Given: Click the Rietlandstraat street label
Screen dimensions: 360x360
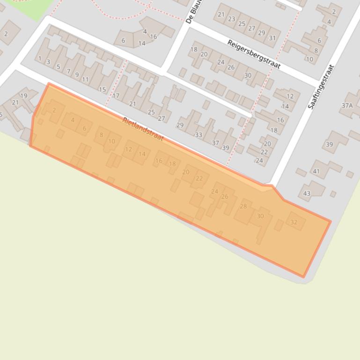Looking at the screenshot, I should [143, 129].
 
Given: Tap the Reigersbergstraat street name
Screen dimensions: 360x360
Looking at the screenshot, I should [254, 54].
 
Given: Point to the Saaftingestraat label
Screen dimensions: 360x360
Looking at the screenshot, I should [323, 87].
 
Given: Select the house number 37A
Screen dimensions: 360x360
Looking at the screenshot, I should [347, 106].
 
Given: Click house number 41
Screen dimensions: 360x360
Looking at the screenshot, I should [316, 171].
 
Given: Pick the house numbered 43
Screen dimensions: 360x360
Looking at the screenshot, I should [307, 193].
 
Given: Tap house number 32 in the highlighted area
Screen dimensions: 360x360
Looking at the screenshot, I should [294, 222].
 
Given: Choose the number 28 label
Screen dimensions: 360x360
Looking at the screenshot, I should [243, 206].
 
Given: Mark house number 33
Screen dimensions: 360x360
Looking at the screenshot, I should [198, 135].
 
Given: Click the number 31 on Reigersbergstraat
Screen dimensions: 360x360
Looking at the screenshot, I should [272, 38].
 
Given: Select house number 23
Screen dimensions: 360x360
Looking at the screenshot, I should [232, 19].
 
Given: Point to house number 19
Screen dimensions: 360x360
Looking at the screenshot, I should [23, 96].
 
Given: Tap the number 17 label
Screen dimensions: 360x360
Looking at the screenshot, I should [116, 95].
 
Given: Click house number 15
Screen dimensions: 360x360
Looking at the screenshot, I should [102, 90].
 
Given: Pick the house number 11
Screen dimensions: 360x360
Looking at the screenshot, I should [85, 79].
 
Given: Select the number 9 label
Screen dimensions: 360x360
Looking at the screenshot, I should [77, 75].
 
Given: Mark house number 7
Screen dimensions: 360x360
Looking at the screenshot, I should [68, 72].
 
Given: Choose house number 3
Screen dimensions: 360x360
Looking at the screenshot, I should [48, 62].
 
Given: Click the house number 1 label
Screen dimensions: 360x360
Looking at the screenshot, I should [40, 59].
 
